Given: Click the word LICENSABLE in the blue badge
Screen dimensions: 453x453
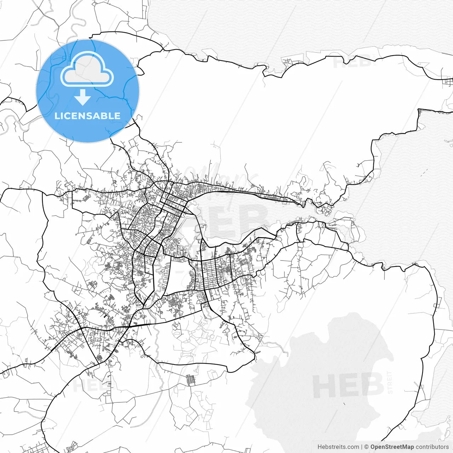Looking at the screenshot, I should pyautogui.click(x=87, y=116).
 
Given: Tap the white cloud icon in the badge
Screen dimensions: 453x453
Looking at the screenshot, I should pyautogui.click(x=87, y=69).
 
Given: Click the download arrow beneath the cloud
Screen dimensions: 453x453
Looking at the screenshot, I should pyautogui.click(x=83, y=97).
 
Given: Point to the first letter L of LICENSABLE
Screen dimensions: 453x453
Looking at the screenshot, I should pyautogui.click(x=57, y=116).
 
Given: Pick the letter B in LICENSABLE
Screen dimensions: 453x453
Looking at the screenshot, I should pyautogui.click(x=106, y=116).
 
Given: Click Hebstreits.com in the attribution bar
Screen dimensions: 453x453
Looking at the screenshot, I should pyautogui.click(x=338, y=447).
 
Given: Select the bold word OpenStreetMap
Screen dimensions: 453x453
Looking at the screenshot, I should pyautogui.click(x=392, y=447).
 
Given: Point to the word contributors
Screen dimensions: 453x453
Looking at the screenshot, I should pyautogui.click(x=432, y=447).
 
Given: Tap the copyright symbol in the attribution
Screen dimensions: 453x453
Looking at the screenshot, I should pyautogui.click(x=366, y=447).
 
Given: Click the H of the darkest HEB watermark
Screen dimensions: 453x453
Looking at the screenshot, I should pyautogui.click(x=323, y=385).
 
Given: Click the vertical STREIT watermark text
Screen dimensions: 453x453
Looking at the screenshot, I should pyautogui.click(x=390, y=382).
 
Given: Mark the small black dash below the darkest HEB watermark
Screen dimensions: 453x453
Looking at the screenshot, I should pyautogui.click(x=344, y=404).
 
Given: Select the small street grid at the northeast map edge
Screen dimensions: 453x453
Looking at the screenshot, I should pyautogui.click(x=448, y=82).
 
